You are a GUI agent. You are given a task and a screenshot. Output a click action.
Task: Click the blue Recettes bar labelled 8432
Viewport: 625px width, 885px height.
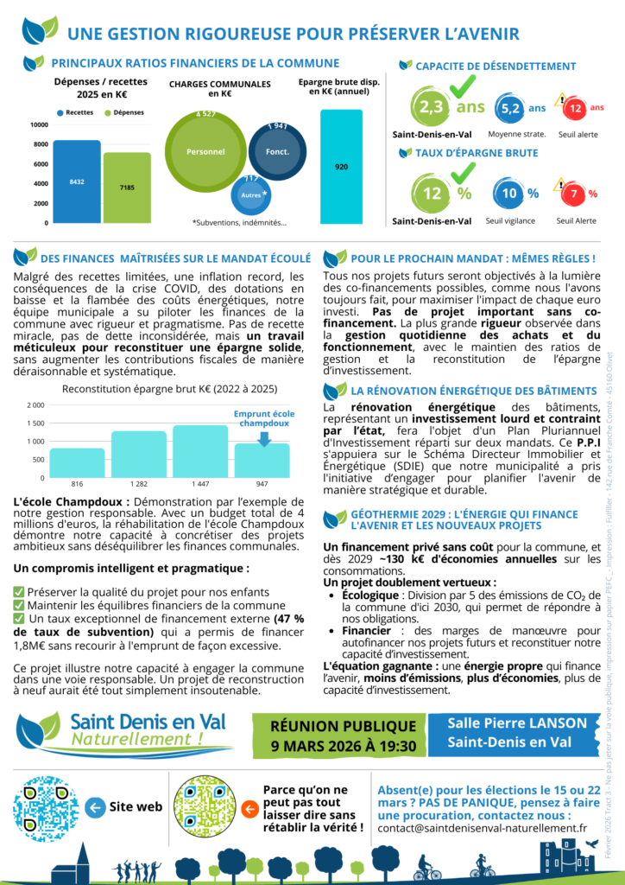[77, 181]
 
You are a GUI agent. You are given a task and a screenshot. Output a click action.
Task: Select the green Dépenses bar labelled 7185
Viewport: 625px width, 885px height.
[127, 188]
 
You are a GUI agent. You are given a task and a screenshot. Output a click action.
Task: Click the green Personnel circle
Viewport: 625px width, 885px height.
[205, 150]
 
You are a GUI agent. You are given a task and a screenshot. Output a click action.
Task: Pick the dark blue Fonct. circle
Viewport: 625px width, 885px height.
[278, 150]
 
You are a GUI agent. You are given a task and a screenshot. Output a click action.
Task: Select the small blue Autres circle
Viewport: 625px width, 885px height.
[249, 194]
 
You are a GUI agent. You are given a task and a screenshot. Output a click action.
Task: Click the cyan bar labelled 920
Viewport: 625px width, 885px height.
[341, 166]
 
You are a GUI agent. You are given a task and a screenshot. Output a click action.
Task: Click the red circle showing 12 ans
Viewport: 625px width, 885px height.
[572, 109]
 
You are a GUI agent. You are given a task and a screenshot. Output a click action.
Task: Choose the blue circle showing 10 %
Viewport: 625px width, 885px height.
[508, 194]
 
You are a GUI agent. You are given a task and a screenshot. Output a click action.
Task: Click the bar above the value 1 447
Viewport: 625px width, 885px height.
[199, 447]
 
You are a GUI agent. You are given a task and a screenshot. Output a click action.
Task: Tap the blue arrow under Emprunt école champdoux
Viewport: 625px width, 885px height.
[264, 439]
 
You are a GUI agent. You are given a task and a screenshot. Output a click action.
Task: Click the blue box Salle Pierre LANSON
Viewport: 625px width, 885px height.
[517, 733]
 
